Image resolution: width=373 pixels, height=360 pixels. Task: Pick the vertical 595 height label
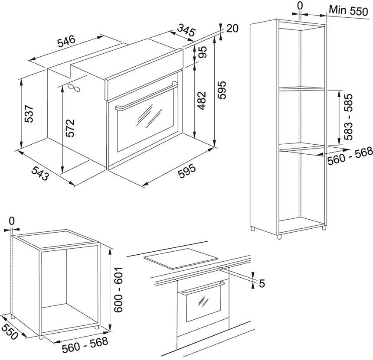(x=222, y=90)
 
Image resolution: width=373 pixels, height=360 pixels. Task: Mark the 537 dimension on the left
(x=29, y=114)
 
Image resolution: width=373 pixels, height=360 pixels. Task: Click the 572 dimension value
(x=71, y=128)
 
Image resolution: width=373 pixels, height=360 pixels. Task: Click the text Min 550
(x=348, y=11)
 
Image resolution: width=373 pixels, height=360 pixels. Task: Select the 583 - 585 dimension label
(x=349, y=117)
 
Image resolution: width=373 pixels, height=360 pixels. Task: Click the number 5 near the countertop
(x=262, y=283)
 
